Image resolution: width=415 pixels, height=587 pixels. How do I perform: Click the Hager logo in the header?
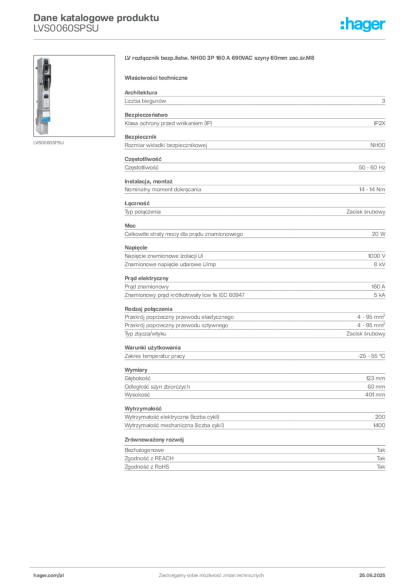point(363,25)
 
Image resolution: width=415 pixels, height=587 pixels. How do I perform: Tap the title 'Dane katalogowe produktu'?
point(96,18)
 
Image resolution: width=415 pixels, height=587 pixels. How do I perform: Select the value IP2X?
point(379,123)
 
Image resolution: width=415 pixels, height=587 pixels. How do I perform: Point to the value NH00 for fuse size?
point(378,145)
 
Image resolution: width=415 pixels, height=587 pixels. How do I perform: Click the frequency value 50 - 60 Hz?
point(371,167)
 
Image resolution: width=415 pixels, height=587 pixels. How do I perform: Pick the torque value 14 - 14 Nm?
point(371,189)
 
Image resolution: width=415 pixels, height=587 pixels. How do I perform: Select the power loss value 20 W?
point(378,234)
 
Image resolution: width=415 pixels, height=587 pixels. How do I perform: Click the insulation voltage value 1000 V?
point(377,256)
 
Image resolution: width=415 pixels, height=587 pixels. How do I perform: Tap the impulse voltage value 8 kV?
point(379,264)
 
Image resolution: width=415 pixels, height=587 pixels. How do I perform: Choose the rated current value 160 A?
point(378,287)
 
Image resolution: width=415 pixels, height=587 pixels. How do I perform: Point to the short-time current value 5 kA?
point(379,295)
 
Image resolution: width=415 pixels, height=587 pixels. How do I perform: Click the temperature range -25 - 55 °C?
point(371,356)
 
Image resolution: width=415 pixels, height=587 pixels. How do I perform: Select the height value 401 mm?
point(375,394)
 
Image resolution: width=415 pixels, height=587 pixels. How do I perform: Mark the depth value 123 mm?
point(375,378)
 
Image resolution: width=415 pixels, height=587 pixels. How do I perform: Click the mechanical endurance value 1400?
point(379,425)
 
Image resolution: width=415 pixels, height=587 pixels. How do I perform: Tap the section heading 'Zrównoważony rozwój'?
point(154,440)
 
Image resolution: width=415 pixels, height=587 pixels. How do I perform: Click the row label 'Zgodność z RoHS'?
point(147,467)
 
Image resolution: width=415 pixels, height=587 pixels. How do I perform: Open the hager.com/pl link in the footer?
point(49,576)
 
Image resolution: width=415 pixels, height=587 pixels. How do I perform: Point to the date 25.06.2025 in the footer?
point(372,576)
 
